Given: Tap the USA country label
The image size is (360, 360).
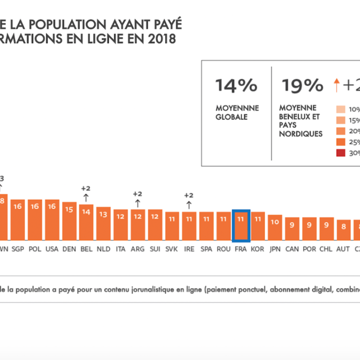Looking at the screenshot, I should [x=52, y=248].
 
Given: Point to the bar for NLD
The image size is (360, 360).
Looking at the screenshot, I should [x=103, y=224].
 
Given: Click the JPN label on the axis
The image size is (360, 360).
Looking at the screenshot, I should [x=275, y=248].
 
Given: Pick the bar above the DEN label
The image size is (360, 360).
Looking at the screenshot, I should [x=69, y=221].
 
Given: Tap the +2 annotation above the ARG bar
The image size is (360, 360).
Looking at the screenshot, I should [x=137, y=194].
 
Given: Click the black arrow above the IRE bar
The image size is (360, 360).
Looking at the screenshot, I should [x=189, y=205].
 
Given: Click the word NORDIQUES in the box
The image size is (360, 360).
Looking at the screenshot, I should [x=301, y=134].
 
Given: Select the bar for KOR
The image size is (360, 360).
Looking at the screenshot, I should [x=258, y=226].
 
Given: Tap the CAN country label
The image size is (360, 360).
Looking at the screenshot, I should [x=292, y=248].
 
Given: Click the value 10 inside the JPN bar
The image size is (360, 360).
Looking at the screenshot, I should [x=275, y=222].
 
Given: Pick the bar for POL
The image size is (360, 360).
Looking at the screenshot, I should [x=35, y=220].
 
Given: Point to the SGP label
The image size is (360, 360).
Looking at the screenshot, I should [x=18, y=248].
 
